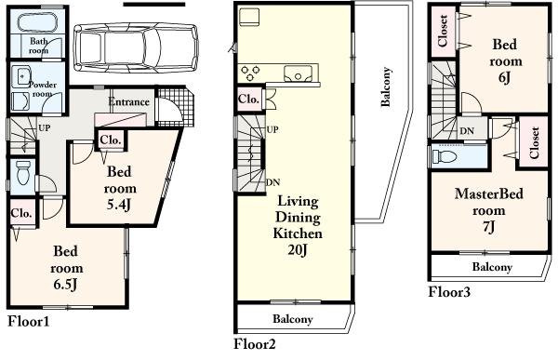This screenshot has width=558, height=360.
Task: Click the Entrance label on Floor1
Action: click(x=130, y=101)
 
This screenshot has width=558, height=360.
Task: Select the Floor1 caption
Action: click(x=28, y=322)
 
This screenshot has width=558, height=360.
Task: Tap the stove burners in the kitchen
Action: click(x=252, y=73)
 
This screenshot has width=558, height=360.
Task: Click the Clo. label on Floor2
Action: click(x=248, y=99)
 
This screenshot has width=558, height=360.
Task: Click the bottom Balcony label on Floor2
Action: click(x=293, y=319)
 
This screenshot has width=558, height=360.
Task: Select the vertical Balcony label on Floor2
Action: click(x=385, y=89)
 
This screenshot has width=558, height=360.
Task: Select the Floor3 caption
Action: click(x=449, y=292)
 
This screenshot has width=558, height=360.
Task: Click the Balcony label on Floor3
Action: click(x=491, y=267)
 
